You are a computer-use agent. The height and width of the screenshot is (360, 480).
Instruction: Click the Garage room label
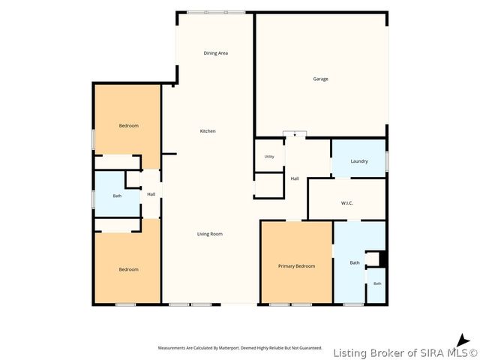click(x=320, y=79)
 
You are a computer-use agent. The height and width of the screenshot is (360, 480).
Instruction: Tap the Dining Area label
click(x=216, y=53)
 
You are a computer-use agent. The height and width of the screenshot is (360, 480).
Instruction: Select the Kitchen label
click(x=208, y=131)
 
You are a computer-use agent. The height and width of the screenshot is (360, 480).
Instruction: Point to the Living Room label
click(x=210, y=234)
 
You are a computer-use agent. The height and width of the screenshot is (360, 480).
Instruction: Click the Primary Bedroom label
click(x=297, y=266)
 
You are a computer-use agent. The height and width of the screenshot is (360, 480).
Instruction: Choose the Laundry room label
click(x=359, y=161)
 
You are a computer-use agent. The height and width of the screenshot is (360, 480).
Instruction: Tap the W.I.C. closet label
click(x=346, y=203)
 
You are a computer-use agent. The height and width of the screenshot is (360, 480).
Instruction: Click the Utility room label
click(x=269, y=157)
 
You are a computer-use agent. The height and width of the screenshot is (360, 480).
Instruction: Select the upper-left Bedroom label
click(x=128, y=125)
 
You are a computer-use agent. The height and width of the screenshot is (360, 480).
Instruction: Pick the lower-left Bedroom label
click(x=128, y=269)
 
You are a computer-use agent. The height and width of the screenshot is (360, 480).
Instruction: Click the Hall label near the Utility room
click(x=295, y=178)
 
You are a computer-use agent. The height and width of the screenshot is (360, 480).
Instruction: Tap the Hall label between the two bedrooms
click(x=151, y=194)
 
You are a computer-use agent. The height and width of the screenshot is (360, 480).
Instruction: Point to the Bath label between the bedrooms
click(x=117, y=196)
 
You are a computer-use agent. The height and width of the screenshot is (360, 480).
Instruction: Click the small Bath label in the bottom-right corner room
click(x=377, y=283)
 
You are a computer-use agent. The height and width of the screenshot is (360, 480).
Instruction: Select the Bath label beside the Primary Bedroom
click(x=355, y=262)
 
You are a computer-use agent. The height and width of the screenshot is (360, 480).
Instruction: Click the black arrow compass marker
click(x=463, y=341)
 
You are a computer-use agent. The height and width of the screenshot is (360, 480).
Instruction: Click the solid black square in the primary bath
click(x=382, y=259)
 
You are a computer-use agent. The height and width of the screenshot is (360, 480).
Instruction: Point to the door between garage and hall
click(x=295, y=133)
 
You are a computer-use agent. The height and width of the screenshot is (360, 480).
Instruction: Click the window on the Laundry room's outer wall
click(x=387, y=161)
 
